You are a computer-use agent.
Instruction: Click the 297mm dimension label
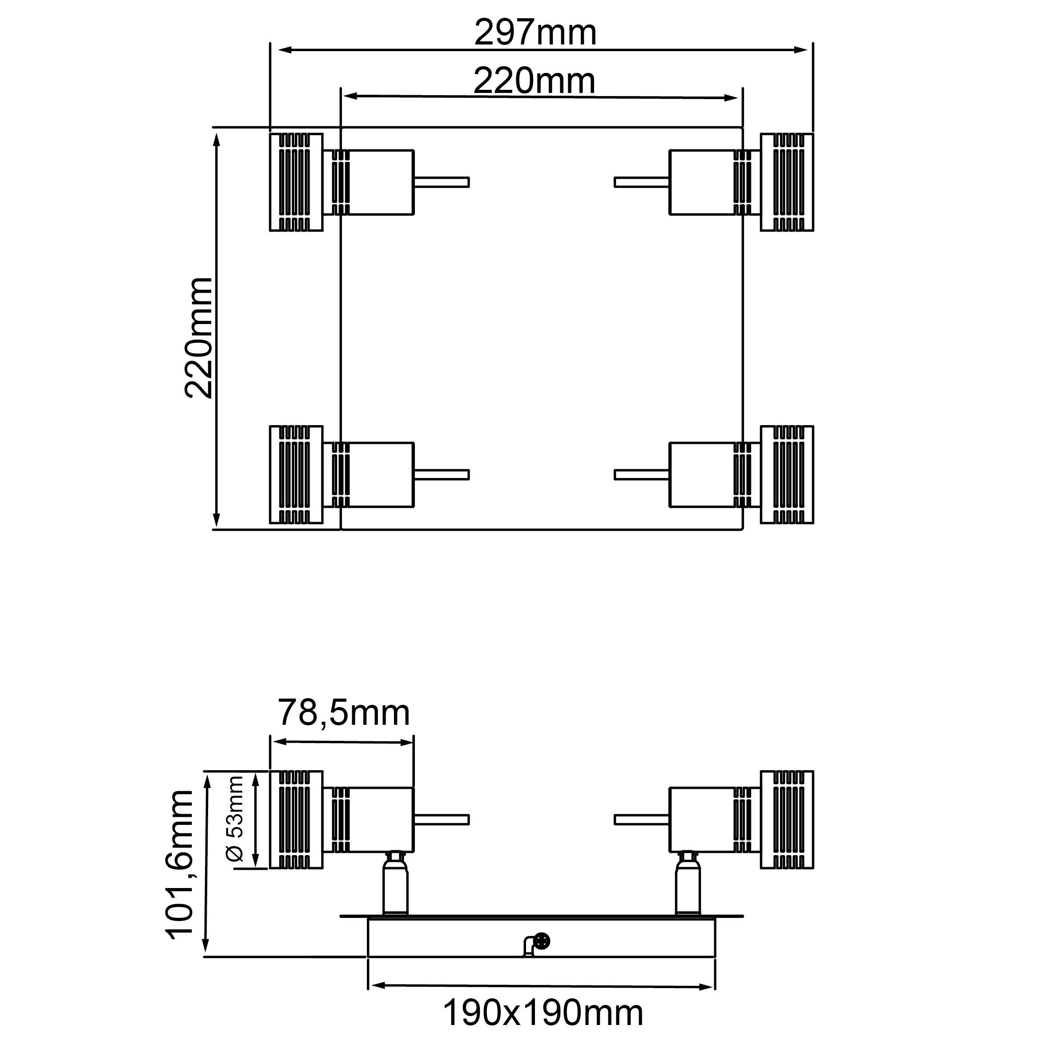[535, 33]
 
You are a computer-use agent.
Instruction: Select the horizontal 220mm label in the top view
[534, 81]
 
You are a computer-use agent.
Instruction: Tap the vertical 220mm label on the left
[199, 338]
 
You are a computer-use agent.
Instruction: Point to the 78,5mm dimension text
[344, 713]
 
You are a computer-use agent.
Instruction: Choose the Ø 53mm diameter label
[236, 819]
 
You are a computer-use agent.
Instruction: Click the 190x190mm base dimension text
[543, 1013]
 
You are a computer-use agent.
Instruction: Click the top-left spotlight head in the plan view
[296, 182]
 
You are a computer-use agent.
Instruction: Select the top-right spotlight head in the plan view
[786, 182]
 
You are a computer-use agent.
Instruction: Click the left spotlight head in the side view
[296, 820]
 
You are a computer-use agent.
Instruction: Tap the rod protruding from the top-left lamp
[442, 182]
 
